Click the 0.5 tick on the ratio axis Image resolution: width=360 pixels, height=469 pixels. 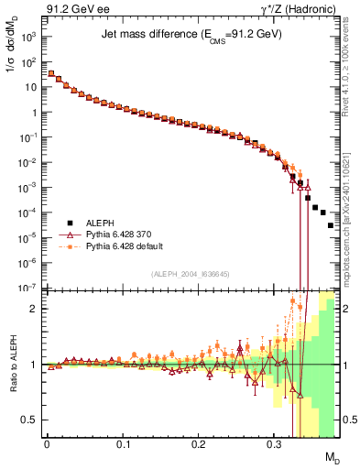32,420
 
